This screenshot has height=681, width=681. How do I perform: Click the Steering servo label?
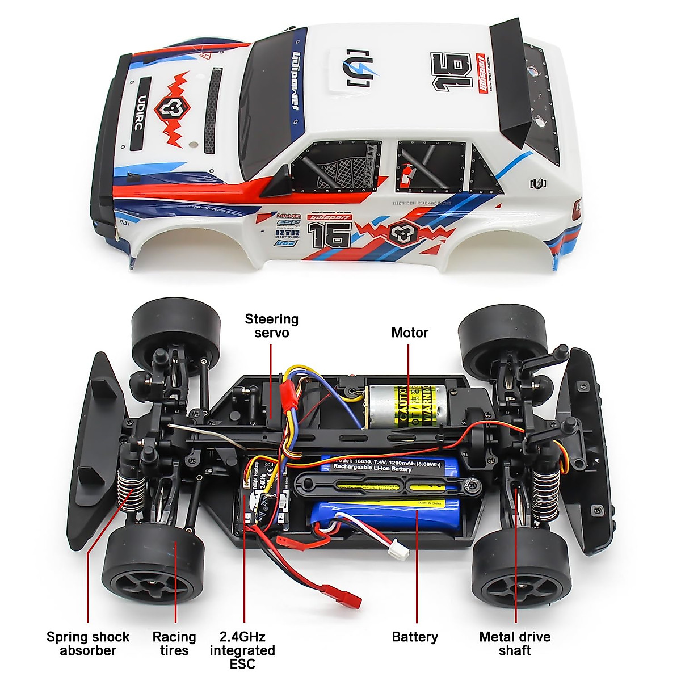[x=271, y=326]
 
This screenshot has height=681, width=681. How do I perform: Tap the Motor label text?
[x=409, y=333]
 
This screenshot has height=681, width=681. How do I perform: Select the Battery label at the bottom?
[x=415, y=637]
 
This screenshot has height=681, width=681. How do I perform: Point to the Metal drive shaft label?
[x=515, y=644]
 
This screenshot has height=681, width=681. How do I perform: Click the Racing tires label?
[x=174, y=644]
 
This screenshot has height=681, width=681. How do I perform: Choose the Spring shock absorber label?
[x=88, y=644]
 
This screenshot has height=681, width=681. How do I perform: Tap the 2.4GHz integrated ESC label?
[x=242, y=650]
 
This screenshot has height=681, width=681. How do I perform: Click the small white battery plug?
[x=395, y=548]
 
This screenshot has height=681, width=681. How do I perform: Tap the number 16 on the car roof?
[x=452, y=70]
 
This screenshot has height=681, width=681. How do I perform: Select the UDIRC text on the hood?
[x=140, y=113]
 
